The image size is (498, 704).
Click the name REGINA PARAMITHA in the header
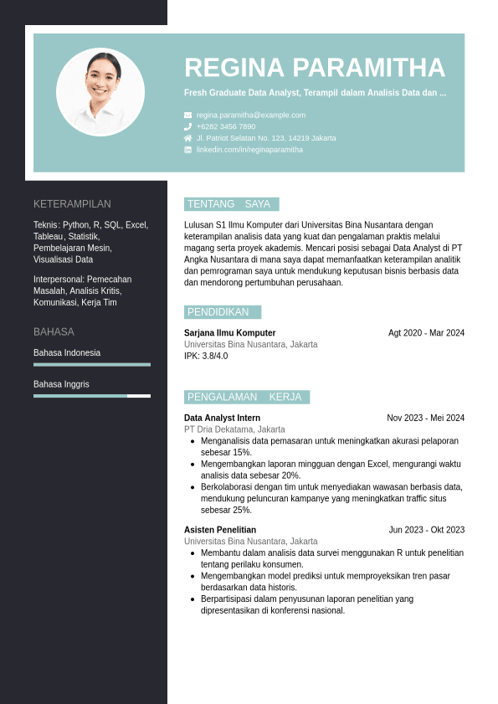315,68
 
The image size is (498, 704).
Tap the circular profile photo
100,92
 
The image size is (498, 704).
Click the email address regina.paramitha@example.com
251,115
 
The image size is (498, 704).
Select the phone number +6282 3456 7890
226,126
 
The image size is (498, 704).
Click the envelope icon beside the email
188,115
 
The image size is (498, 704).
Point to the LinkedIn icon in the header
188,150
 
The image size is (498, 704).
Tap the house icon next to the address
188,138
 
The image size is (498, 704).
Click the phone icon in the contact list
188,126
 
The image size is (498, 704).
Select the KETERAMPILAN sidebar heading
72,203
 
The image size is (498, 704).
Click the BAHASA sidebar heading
54,331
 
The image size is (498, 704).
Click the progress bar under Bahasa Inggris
92,396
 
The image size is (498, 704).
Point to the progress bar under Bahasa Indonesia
92,364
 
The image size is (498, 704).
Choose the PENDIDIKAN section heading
218,312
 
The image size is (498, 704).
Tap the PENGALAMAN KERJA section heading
244,397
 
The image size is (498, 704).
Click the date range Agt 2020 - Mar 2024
426,332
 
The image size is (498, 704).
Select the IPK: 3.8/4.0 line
206,356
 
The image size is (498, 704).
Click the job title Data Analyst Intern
222,418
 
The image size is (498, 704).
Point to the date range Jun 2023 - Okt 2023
426,530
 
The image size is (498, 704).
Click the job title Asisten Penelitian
220,530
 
